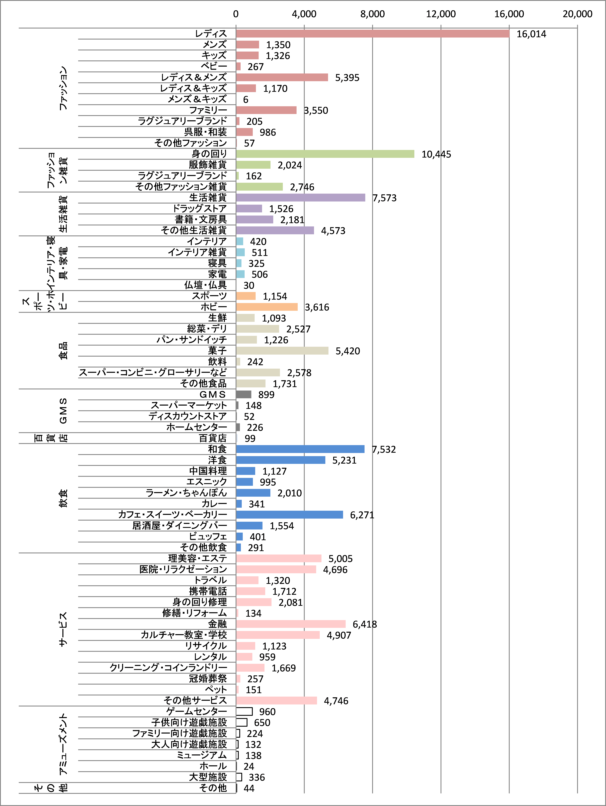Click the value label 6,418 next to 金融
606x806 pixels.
point(365,624)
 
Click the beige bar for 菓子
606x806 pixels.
point(282,351)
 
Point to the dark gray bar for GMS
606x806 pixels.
point(244,394)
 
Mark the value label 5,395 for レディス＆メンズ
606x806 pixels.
point(347,78)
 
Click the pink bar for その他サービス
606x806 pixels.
point(276,700)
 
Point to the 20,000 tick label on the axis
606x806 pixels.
point(577,14)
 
